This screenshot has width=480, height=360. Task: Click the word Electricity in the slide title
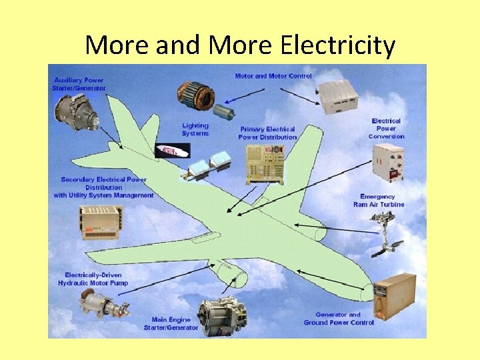click(x=339, y=45)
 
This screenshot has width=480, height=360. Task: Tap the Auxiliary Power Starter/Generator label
click(x=79, y=84)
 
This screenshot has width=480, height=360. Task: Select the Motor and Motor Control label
click(x=273, y=76)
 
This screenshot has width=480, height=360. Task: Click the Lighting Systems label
click(x=195, y=129)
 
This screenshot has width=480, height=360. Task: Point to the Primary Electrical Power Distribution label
click(x=267, y=133)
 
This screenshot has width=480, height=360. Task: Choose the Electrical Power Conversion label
click(x=386, y=129)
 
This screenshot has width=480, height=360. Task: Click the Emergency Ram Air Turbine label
click(x=379, y=201)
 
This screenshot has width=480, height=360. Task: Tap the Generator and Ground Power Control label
click(x=339, y=319)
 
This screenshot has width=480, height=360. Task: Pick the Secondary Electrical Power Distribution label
click(x=103, y=187)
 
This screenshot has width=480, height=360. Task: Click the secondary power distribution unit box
click(x=101, y=223)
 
